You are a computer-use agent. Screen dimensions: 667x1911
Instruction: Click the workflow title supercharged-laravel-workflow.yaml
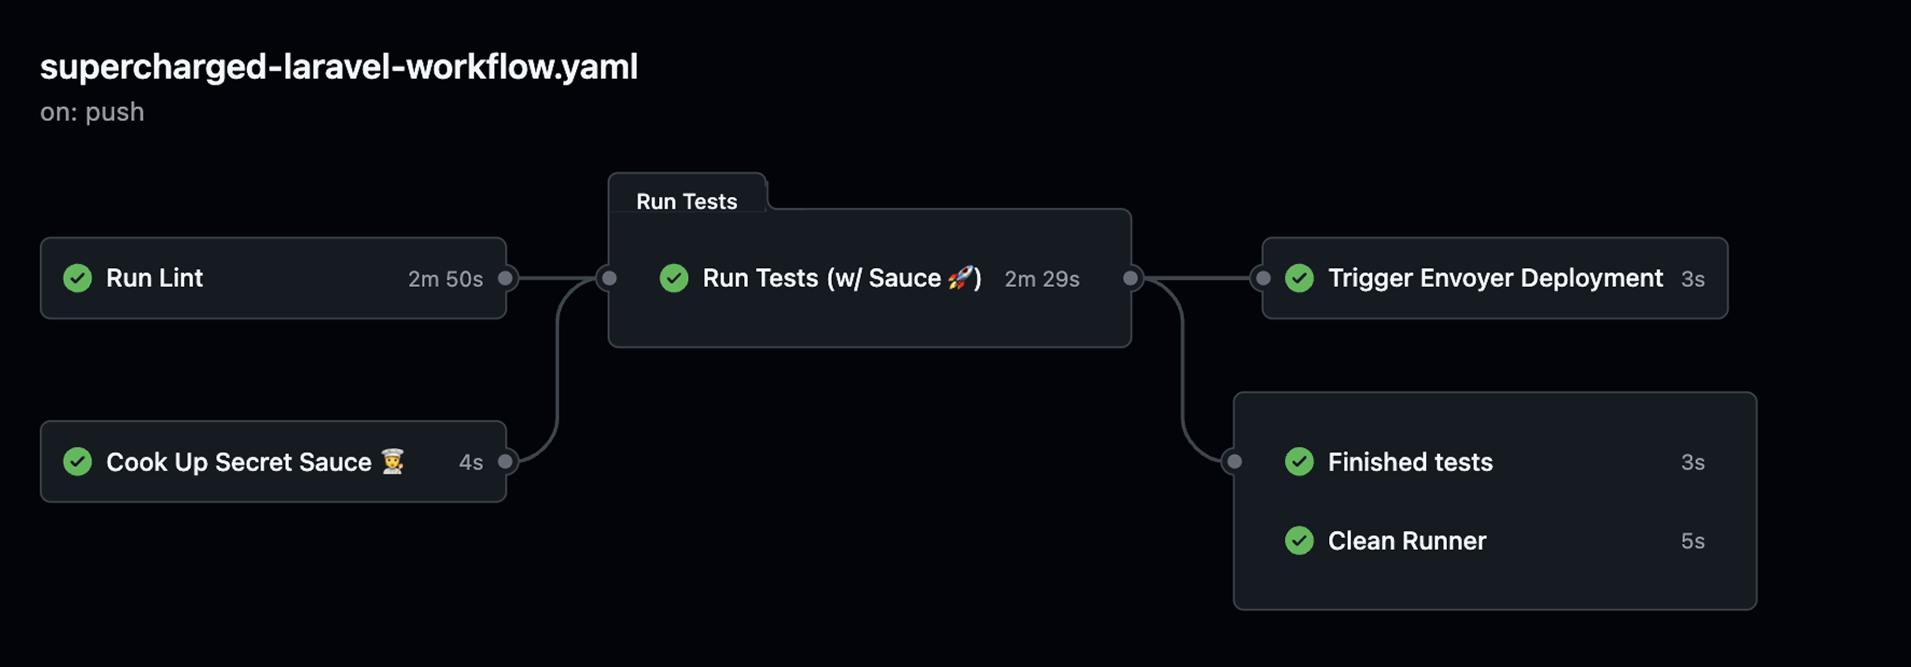tap(338, 67)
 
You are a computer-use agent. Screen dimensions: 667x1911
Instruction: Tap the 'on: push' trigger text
tap(92, 112)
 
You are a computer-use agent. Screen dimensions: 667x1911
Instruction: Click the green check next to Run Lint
tap(77, 278)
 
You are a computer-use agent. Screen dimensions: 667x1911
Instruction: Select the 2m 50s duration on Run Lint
tap(445, 279)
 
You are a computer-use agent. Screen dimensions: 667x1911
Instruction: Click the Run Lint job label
tap(154, 278)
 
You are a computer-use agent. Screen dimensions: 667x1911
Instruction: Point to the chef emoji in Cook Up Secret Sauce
tap(393, 462)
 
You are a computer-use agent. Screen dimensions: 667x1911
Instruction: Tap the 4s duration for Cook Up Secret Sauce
tap(470, 462)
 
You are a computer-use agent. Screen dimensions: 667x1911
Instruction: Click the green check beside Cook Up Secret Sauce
tap(77, 462)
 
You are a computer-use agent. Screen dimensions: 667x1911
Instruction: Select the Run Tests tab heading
tap(686, 201)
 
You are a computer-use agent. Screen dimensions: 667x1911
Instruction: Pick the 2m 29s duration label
tap(1042, 279)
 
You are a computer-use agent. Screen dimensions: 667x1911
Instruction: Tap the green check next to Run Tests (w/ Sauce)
tap(674, 278)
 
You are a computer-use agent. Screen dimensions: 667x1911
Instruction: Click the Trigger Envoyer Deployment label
tap(1495, 278)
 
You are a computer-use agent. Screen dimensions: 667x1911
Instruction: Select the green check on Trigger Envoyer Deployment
tap(1299, 278)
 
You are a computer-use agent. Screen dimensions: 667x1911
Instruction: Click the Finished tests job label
tap(1410, 462)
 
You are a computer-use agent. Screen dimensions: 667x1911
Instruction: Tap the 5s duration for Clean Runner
tap(1692, 541)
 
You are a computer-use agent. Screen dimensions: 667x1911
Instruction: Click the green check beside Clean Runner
tap(1299, 541)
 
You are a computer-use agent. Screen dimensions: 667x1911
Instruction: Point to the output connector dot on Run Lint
tap(505, 278)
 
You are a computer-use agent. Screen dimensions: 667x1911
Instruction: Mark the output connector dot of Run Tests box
tap(1131, 278)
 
